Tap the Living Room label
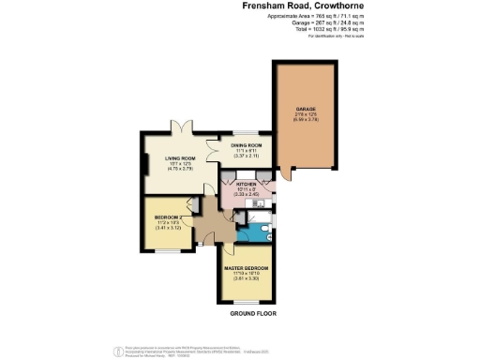(172, 158)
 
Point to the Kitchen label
(246, 184)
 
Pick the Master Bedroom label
(247, 268)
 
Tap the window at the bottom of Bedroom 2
(166, 249)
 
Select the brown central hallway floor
(209, 225)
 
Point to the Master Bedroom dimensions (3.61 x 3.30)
(247, 278)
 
